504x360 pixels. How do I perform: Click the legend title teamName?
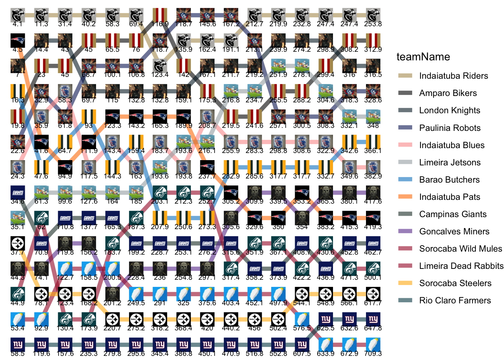pos(423,57)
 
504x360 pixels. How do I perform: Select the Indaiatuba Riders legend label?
pos(453,76)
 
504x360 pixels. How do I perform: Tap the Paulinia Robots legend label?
pos(450,128)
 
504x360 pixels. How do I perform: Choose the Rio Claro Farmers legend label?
pos(455,300)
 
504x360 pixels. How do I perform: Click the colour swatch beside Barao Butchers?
pos(405,180)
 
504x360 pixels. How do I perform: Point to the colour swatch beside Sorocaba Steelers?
pos(405,283)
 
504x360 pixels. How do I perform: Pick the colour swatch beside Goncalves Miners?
pos(405,231)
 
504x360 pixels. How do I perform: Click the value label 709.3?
pos(373,354)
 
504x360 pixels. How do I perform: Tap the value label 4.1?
pos(18,24)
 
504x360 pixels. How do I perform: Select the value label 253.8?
pos(373,24)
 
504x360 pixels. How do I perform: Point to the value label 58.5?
pos(18,354)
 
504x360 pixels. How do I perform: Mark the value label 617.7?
pos(373,303)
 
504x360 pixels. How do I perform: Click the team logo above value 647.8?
pos(373,319)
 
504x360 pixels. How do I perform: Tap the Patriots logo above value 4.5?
pos(18,41)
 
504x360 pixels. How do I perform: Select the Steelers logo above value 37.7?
pos(18,243)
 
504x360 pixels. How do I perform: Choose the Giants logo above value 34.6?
pos(18,193)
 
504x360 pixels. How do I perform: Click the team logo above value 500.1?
pos(373,269)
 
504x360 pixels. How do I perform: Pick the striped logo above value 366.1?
pos(373,142)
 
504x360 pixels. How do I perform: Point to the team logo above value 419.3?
pos(373,218)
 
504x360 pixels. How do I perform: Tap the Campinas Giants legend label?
pos(453,214)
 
